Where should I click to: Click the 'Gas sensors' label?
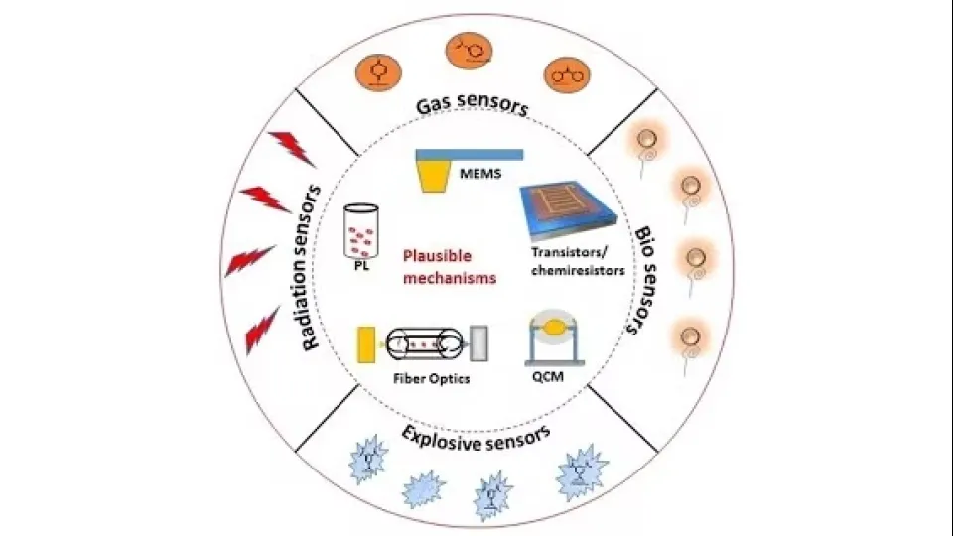coord(472,104)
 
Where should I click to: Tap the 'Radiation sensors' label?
coord(313,266)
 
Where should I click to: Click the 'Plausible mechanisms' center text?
coord(449,267)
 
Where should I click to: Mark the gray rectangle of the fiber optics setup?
coord(480,343)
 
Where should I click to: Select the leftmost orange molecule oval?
coord(377,69)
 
